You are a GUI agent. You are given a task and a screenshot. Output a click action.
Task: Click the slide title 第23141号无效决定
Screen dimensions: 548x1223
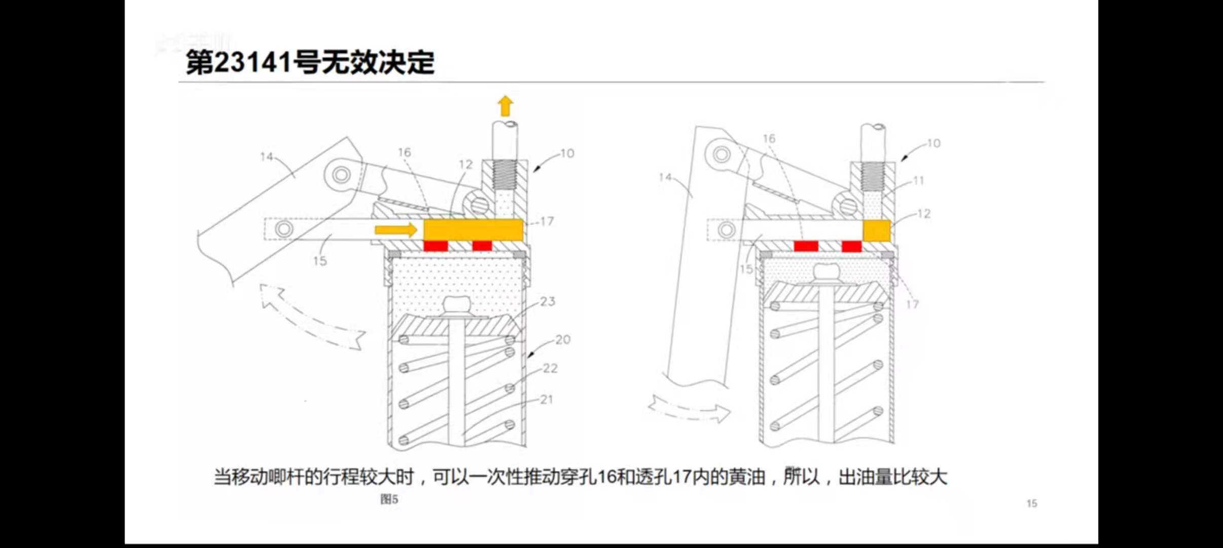(310, 63)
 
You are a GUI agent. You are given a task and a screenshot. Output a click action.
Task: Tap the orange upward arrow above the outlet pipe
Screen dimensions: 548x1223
(505, 106)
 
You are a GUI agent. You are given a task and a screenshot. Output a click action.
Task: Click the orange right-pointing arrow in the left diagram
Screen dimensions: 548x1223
(396, 230)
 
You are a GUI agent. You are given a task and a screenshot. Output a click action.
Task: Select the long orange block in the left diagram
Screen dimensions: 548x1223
(473, 230)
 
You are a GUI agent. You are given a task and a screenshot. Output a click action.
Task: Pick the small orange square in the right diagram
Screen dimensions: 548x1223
(877, 230)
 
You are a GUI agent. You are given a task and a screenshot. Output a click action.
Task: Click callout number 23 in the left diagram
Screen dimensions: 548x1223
(548, 301)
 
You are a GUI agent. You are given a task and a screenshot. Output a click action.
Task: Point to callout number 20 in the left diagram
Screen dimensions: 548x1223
(562, 339)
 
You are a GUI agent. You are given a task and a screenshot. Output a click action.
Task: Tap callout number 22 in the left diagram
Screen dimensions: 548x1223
(550, 368)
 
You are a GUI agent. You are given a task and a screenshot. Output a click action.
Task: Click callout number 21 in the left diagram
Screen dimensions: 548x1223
(546, 400)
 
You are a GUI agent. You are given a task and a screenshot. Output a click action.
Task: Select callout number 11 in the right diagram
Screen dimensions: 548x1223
(918, 180)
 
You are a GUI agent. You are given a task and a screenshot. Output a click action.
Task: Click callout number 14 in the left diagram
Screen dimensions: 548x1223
(267, 157)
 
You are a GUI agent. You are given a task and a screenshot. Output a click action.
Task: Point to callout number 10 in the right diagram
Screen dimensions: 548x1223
(933, 144)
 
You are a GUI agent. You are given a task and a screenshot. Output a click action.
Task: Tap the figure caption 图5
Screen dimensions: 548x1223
(389, 499)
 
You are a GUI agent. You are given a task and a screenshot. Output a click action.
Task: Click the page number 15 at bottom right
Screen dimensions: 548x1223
(1031, 503)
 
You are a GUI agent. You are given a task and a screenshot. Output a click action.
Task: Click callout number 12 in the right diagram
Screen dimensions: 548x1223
(924, 214)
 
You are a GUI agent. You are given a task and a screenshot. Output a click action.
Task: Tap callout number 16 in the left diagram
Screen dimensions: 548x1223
(404, 152)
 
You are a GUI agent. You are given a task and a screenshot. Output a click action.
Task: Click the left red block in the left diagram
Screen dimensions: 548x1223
(436, 246)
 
